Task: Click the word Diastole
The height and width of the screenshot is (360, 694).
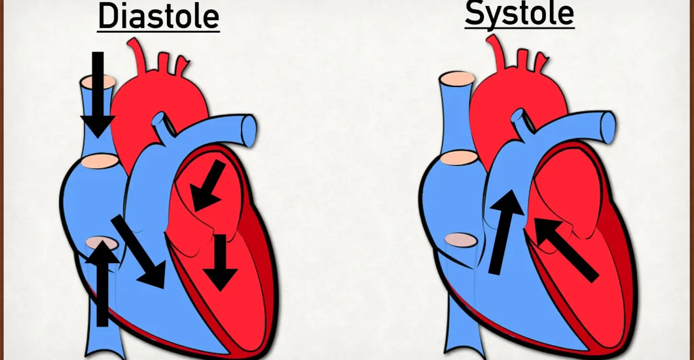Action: (158, 17)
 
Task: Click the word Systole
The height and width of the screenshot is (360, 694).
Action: (519, 14)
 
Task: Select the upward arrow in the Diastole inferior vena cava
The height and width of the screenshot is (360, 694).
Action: (102, 283)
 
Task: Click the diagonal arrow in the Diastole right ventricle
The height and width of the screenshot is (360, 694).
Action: (139, 251)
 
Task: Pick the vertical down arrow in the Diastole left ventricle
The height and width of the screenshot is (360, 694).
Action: (220, 262)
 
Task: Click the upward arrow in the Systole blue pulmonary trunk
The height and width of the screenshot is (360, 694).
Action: (506, 232)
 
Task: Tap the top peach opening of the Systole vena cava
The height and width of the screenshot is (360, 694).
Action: (457, 79)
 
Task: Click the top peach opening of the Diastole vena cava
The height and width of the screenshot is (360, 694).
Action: (98, 82)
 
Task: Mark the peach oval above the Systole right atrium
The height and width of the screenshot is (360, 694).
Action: (460, 158)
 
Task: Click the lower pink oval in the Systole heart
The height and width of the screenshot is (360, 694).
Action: (461, 240)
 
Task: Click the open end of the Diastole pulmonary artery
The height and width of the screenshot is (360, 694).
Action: (249, 130)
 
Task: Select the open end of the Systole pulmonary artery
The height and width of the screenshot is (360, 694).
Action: (608, 128)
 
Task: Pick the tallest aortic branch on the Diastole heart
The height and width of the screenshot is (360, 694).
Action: (137, 55)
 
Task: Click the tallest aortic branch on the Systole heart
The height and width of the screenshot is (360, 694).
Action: (496, 52)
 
